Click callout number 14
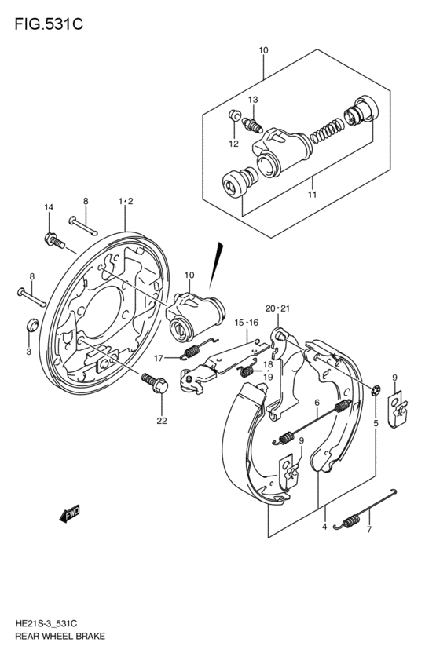(48, 207)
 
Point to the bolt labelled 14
(53, 239)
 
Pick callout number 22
(162, 420)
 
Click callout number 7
(368, 530)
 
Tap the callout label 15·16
(246, 323)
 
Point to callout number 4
(324, 527)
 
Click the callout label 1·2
(126, 202)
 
